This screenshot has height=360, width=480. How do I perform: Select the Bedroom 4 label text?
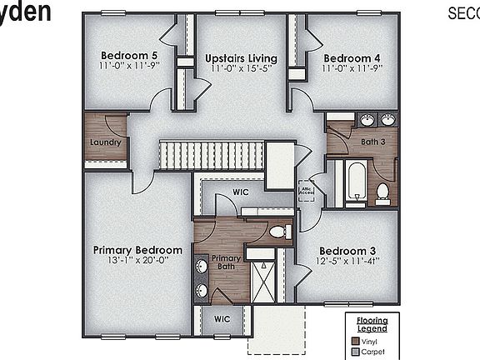(x=352, y=57)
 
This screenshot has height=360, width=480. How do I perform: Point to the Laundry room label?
(x=105, y=142)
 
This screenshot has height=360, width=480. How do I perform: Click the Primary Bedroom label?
(x=137, y=250)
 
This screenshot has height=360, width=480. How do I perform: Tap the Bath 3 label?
(x=373, y=142)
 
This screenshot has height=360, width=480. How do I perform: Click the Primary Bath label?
(x=226, y=263)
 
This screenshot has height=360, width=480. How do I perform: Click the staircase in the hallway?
(x=211, y=155)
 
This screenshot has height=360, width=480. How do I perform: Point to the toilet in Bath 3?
(x=382, y=193)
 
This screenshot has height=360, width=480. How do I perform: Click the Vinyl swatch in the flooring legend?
(x=356, y=341)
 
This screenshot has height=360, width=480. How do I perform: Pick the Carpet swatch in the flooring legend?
(x=356, y=352)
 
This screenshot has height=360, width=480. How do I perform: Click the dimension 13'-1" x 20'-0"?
(x=137, y=259)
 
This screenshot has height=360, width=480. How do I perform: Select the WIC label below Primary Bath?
(x=221, y=318)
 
